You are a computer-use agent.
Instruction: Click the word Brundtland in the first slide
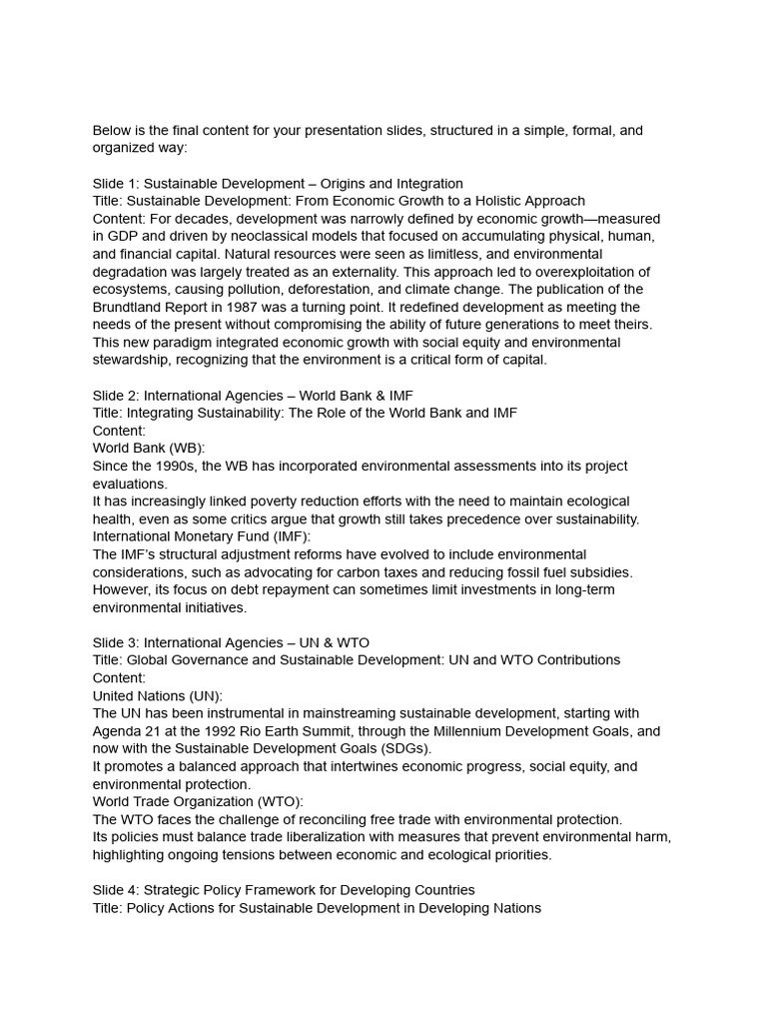130,307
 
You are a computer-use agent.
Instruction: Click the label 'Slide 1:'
116,183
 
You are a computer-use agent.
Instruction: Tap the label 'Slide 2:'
116,396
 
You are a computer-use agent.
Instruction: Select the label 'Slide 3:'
116,642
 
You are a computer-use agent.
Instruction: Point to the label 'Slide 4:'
116,890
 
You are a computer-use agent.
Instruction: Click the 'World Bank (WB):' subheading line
149,449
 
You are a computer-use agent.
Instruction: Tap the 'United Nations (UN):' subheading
158,695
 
